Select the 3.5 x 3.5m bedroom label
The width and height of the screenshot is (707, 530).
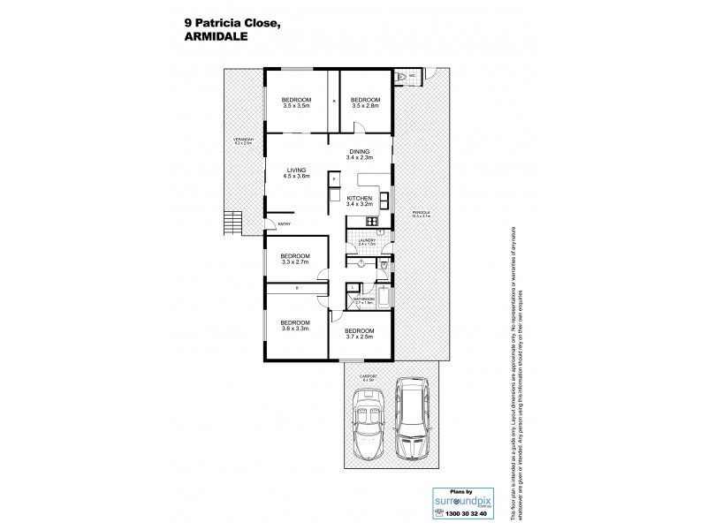click(296, 102)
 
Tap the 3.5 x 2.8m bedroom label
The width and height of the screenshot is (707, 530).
click(365, 102)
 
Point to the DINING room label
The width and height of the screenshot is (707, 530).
click(358, 154)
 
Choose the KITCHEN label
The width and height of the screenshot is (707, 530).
click(359, 201)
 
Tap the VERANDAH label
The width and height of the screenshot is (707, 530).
click(244, 141)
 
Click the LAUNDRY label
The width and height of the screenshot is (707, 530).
click(368, 241)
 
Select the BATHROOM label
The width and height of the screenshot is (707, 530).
click(364, 300)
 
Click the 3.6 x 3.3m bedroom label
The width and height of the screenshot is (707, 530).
click(295, 324)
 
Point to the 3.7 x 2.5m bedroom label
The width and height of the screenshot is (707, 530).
click(359, 333)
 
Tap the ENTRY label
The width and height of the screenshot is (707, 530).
click(285, 224)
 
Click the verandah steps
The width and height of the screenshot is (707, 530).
click(232, 223)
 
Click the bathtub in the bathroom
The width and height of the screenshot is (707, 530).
click(384, 296)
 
